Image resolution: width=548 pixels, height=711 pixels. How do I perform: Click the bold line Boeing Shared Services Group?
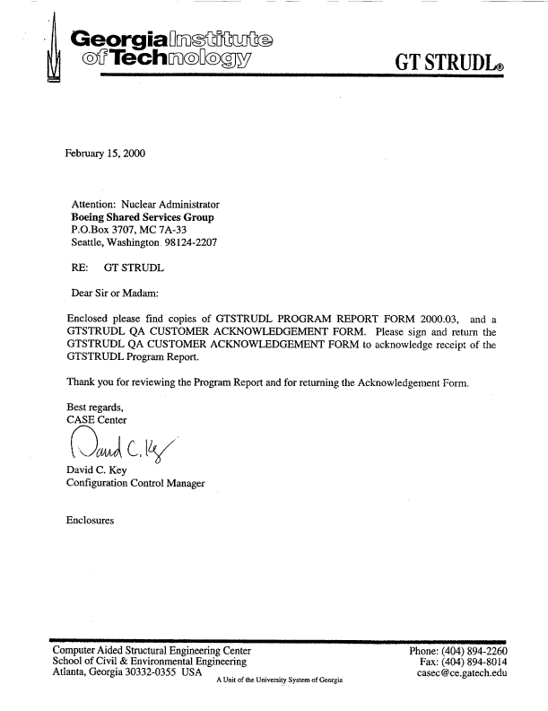coord(142,216)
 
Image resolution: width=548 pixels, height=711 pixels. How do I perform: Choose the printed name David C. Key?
coord(98,470)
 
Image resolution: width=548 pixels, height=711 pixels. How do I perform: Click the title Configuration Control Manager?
coord(135,484)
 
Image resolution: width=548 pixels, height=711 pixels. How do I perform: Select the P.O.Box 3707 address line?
coord(121,230)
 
